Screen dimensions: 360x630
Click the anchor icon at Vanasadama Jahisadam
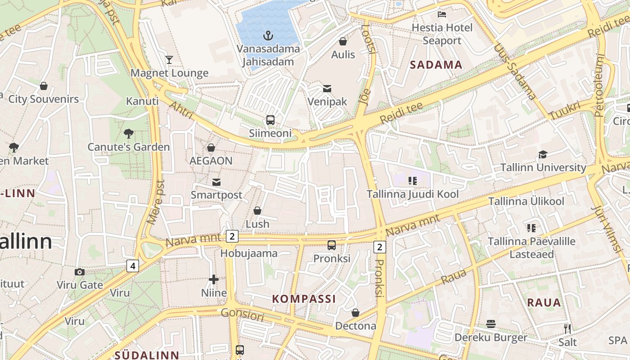(x=268, y=35)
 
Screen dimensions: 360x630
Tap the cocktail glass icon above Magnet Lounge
(x=169, y=59)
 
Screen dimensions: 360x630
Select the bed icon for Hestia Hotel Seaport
(x=442, y=14)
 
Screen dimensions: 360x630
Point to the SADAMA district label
(x=436, y=65)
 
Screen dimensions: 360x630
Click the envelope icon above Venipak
(x=327, y=88)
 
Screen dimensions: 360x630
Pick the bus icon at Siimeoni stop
(x=270, y=120)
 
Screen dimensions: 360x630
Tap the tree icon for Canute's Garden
(x=129, y=134)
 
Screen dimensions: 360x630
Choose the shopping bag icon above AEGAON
(x=211, y=148)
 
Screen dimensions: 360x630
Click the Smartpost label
(x=216, y=195)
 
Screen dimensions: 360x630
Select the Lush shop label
(x=257, y=224)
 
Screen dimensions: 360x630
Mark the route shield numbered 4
(x=132, y=266)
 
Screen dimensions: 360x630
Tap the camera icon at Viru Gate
(x=80, y=272)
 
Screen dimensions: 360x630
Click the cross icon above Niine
(x=214, y=280)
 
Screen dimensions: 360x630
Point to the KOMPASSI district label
(x=304, y=299)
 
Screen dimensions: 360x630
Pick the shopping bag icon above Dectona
(x=355, y=312)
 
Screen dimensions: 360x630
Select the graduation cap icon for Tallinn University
(x=543, y=154)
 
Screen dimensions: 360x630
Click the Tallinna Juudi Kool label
(x=413, y=194)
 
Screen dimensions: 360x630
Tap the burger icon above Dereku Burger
(x=490, y=324)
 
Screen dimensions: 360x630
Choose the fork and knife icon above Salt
(x=567, y=328)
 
